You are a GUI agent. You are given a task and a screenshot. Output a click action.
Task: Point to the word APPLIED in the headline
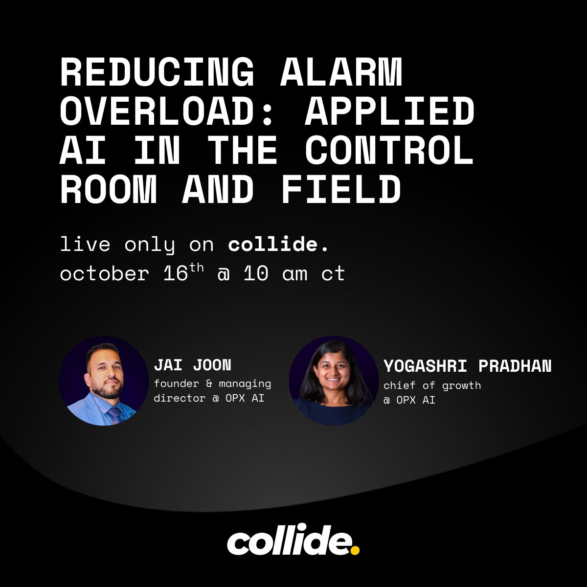[x=390, y=112]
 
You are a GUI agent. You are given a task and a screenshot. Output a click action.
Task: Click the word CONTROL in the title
[x=390, y=151]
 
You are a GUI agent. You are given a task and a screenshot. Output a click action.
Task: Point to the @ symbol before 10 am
[x=223, y=274]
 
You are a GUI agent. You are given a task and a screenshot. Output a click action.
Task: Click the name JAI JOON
[x=192, y=365]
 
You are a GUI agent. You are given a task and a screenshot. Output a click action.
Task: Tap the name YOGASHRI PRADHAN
[x=467, y=366]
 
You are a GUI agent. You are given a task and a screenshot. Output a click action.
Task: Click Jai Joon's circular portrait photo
[x=104, y=381]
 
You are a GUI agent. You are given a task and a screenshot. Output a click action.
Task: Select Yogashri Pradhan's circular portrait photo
[x=334, y=381]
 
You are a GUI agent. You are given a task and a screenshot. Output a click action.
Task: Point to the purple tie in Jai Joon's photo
[x=114, y=415]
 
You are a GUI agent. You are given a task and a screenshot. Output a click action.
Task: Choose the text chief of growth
[x=432, y=385]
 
